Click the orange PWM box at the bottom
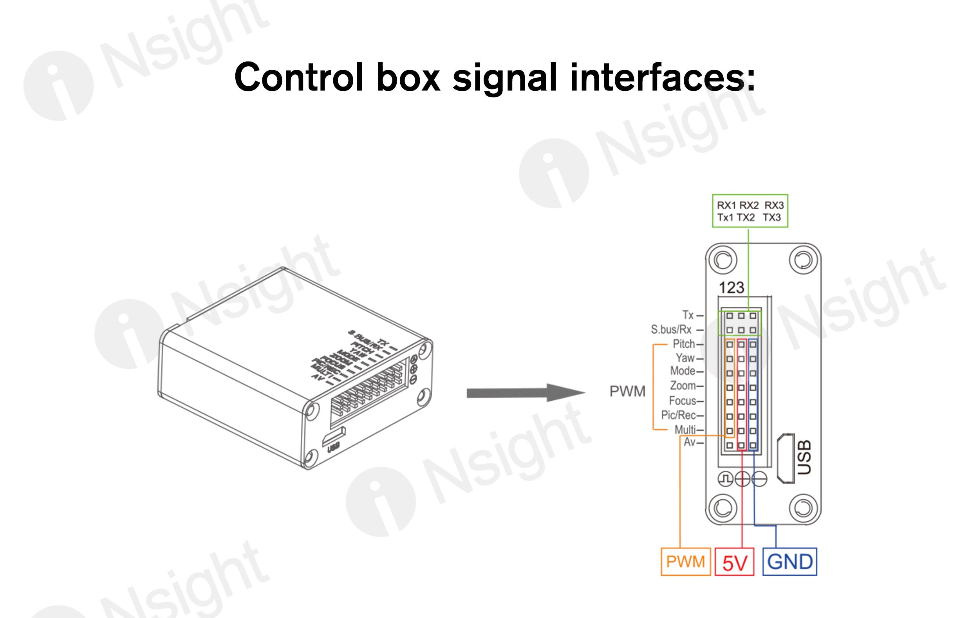[685, 562]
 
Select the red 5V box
[734, 562]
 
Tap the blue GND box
[789, 562]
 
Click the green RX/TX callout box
[750, 211]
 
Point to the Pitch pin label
[684, 344]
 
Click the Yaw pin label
[685, 358]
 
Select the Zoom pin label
[683, 385]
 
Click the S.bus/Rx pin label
[671, 329]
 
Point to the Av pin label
[690, 442]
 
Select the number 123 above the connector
[732, 288]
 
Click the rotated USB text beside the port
[804, 457]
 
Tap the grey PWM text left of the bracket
[627, 391]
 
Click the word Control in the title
[298, 77]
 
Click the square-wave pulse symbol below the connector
[725, 479]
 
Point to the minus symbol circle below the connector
[759, 479]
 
